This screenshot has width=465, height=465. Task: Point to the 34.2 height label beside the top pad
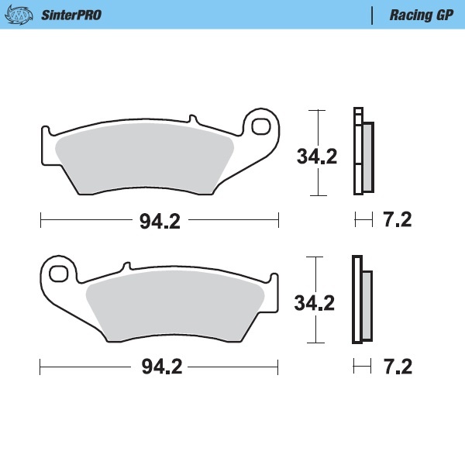[317, 157]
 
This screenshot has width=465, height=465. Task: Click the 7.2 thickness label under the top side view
[397, 220]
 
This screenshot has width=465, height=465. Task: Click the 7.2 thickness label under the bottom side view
[397, 366]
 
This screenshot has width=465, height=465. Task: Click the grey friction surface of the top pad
[147, 159]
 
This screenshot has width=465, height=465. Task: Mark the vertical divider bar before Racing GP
[373, 15]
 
